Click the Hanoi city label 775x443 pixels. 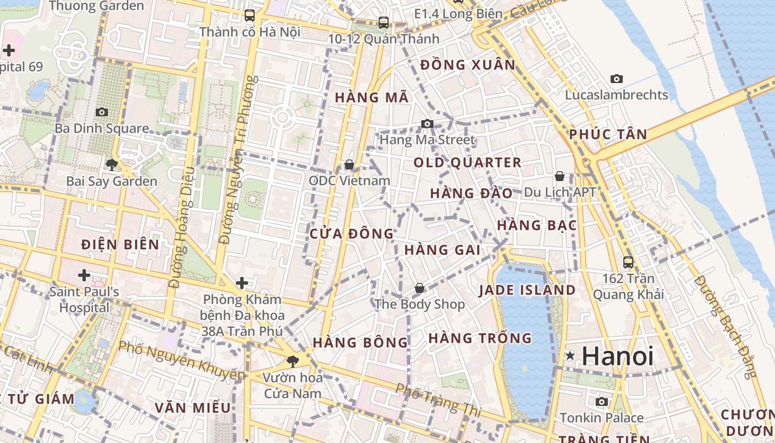click(618, 356)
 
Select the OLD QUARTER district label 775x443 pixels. click(468, 162)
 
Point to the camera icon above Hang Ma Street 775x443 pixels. click(427, 123)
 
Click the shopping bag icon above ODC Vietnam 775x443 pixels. click(349, 164)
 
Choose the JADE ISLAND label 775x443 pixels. click(527, 290)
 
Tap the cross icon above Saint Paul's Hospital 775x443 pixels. click(84, 275)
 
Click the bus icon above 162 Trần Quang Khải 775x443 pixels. click(628, 262)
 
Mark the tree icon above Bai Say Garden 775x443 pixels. click(112, 164)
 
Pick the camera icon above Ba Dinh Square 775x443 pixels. click(101, 112)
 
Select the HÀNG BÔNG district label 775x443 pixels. click(360, 342)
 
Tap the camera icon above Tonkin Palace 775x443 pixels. click(602, 401)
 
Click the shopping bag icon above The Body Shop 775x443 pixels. click(420, 288)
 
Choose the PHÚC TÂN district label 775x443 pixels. click(608, 134)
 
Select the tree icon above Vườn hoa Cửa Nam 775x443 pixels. click(292, 362)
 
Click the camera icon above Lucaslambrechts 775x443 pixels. click(616, 79)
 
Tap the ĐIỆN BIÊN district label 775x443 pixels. click(120, 244)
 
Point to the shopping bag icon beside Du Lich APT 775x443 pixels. click(560, 177)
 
